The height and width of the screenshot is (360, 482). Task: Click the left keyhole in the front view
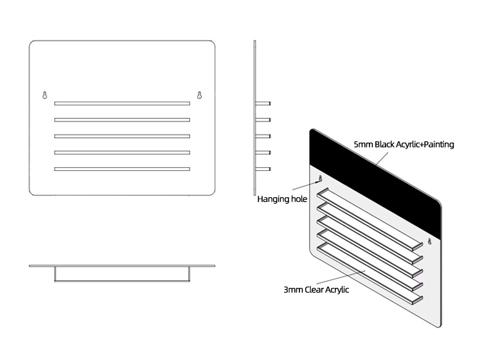click(45, 95)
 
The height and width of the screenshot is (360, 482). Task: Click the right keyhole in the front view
click(199, 95)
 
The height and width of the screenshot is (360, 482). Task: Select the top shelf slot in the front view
click(122, 104)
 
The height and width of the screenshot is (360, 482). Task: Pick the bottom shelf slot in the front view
click(122, 169)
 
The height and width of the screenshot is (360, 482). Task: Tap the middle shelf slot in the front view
click(122, 136)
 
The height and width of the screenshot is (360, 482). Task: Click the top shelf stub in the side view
click(263, 104)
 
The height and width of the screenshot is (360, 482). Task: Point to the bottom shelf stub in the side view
click(263, 169)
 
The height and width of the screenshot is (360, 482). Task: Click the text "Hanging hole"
click(282, 199)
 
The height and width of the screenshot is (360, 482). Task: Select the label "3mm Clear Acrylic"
click(316, 289)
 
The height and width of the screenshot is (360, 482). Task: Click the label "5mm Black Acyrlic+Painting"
click(404, 144)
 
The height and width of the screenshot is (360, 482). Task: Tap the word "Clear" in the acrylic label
click(314, 289)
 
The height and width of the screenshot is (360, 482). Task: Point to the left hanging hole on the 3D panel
click(320, 178)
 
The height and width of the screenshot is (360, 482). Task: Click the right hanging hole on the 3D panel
click(430, 241)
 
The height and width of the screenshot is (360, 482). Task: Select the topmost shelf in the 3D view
click(370, 219)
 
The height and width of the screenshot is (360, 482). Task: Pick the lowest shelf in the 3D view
click(370, 273)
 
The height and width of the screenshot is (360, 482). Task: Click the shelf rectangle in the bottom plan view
click(122, 274)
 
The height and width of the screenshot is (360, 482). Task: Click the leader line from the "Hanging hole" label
click(305, 185)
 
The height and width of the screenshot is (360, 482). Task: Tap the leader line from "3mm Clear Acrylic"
click(341, 277)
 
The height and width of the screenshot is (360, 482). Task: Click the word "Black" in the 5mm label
click(384, 144)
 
